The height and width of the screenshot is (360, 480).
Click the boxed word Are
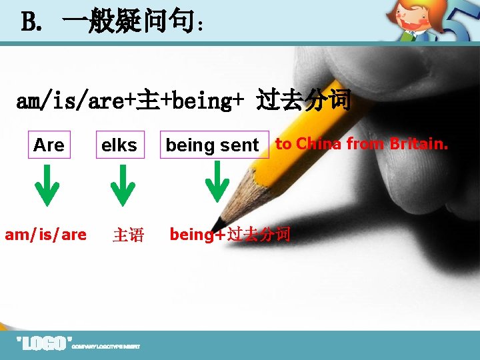(49, 145)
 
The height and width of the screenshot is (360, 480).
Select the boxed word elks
(119, 145)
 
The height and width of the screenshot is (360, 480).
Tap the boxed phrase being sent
(213, 145)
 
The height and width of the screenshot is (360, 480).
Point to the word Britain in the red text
(419, 143)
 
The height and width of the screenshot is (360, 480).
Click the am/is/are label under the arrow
(45, 235)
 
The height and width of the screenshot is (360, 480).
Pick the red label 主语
(128, 235)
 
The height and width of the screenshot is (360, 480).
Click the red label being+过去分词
(230, 235)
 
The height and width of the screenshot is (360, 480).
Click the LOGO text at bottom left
(43, 344)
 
